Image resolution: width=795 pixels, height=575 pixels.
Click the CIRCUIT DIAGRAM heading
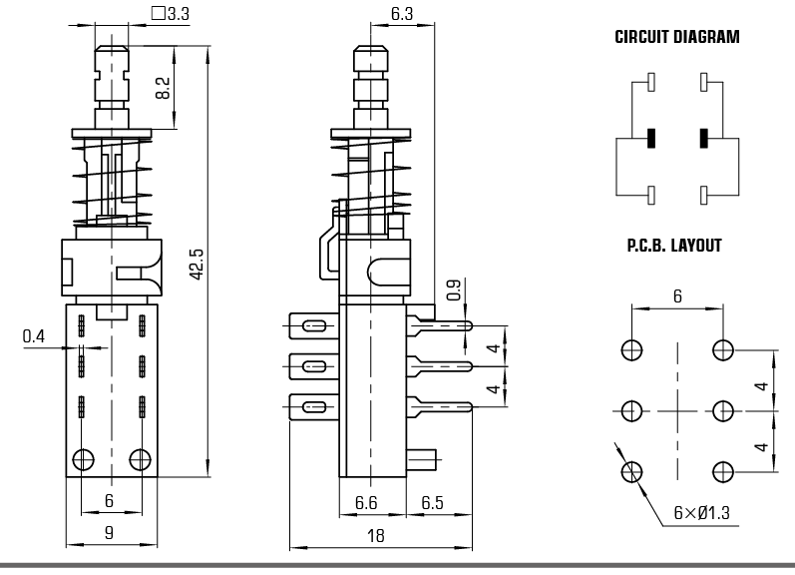coord(676,39)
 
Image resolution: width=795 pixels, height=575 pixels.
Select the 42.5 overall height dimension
coord(196,265)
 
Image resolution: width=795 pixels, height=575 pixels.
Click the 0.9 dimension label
coord(454,289)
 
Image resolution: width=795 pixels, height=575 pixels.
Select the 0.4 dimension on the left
coord(34,337)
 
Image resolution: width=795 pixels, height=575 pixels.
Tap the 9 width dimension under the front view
coord(110,533)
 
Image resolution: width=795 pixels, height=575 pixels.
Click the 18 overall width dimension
coord(376,535)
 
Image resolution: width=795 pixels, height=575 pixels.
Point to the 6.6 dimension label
coord(366,503)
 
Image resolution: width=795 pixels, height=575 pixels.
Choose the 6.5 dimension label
coord(432,503)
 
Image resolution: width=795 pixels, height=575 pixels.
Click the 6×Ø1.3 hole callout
coord(702,514)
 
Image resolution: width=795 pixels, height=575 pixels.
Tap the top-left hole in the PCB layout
coord(631,349)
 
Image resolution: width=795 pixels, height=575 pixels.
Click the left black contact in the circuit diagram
coord(650,138)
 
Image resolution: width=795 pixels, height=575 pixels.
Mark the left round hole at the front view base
coord(83,459)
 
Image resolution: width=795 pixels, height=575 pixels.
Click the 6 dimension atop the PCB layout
coord(677,296)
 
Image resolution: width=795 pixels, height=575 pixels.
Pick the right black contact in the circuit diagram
coord(704,138)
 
